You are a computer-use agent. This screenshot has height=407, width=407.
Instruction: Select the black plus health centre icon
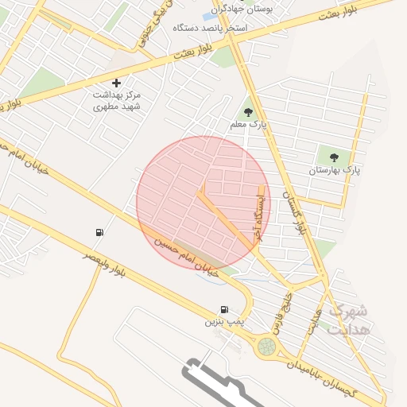(x=117, y=83)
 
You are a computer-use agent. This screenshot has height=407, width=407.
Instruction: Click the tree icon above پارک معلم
(x=248, y=112)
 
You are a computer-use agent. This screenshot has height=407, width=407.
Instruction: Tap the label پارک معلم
(x=248, y=126)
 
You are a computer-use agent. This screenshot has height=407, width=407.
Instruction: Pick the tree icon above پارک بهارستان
(x=333, y=157)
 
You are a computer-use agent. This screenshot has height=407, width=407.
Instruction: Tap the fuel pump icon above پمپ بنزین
(x=224, y=309)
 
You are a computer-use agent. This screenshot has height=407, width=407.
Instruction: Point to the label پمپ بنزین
(x=223, y=322)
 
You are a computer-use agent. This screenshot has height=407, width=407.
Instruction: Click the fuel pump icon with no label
(x=99, y=232)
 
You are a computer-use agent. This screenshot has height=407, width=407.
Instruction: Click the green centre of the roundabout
(x=266, y=347)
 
